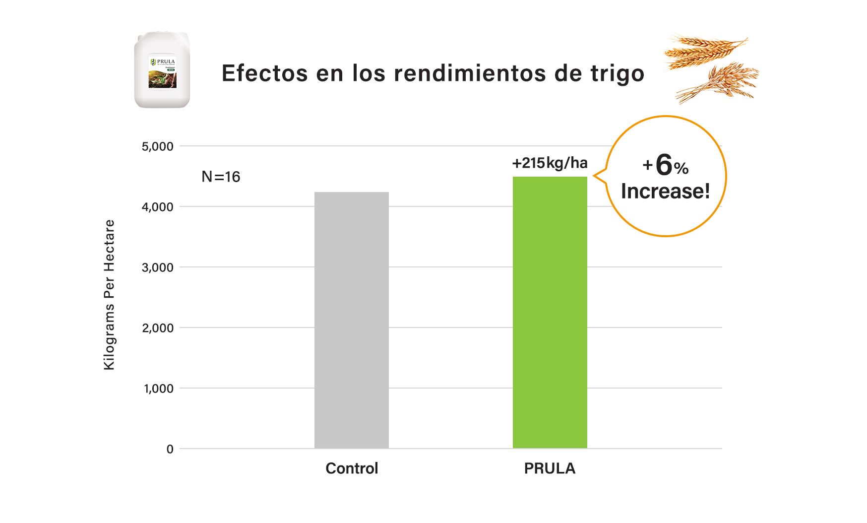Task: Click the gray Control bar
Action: pos(351,320)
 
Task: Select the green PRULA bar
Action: pos(550,313)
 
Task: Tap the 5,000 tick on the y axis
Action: pos(158,146)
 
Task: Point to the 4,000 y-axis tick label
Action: pos(158,207)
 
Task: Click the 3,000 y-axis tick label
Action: pos(158,267)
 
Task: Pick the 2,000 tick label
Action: pos(158,328)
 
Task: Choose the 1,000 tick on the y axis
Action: pos(159,389)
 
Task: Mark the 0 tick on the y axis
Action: pos(170,449)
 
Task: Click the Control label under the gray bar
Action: pos(352,468)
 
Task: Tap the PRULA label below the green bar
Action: pos(550,468)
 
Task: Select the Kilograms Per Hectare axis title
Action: pos(109,295)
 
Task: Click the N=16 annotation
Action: pos(221,177)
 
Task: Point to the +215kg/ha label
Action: pos(550,163)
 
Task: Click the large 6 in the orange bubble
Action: pos(664,165)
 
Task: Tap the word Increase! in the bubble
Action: pos(665,191)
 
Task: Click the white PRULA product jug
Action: pos(162,69)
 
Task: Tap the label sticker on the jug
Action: pos(163,73)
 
